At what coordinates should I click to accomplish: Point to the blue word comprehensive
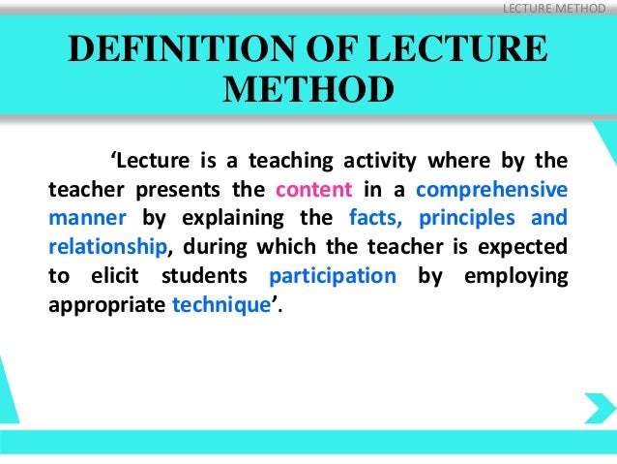[x=491, y=188]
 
